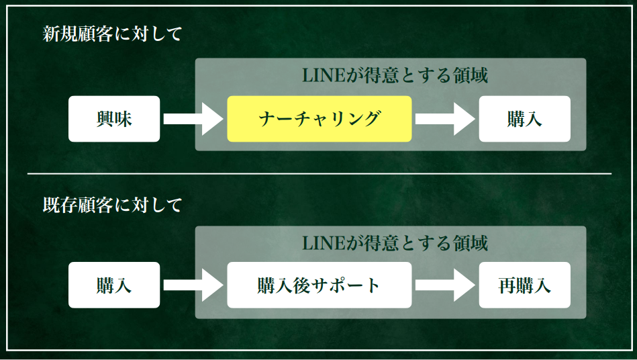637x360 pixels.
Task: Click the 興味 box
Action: pos(114,119)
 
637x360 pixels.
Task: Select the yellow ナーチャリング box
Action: pos(319,119)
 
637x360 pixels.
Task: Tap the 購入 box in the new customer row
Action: pos(524,119)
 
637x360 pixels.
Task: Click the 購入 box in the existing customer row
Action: pos(114,285)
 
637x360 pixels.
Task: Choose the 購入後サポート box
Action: pos(319,285)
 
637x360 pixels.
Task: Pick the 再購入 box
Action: pos(524,285)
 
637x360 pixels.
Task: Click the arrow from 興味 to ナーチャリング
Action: pos(193,119)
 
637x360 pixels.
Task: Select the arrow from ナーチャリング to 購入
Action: pos(444,119)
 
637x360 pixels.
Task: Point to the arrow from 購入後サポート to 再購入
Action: pos(444,285)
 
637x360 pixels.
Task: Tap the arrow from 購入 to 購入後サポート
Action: pos(193,285)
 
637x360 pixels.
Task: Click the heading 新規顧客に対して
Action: pos(112,35)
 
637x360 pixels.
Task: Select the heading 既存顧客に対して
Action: pos(112,205)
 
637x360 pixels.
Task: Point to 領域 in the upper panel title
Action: pos(469,75)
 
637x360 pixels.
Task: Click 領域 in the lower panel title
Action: pos(469,242)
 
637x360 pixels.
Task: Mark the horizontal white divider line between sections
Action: pos(319,174)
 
